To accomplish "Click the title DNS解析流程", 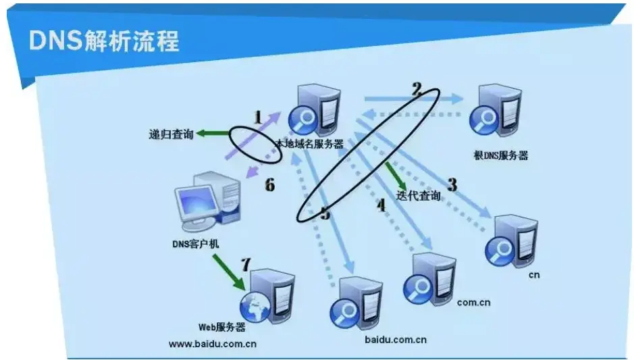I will (x=104, y=41).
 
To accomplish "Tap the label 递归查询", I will (x=171, y=134).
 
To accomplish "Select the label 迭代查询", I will (x=419, y=196).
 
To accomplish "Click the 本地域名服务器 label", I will (x=309, y=144).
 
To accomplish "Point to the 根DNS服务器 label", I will (x=501, y=156).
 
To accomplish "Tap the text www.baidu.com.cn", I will (x=213, y=343).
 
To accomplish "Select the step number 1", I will (x=257, y=116).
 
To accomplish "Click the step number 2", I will (x=417, y=88).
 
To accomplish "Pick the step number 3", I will (x=452, y=184).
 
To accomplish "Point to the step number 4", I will (x=381, y=205).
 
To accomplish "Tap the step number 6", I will (x=269, y=184).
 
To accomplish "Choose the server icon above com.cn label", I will (x=429, y=277).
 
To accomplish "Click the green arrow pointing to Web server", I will (x=229, y=274).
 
